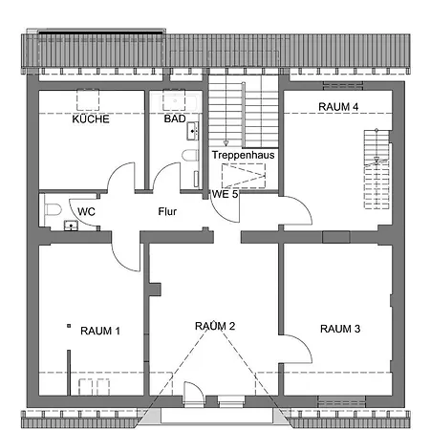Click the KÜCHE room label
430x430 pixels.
pyautogui.click(x=91, y=119)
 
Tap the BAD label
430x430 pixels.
pyautogui.click(x=174, y=119)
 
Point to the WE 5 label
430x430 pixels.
pyautogui.click(x=225, y=194)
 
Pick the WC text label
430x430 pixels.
pyautogui.click(x=85, y=210)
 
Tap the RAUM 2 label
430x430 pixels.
pyautogui.click(x=215, y=326)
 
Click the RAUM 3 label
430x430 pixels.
pyautogui.click(x=340, y=329)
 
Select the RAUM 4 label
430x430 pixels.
pyautogui.click(x=338, y=107)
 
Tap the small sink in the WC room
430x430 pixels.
pyautogui.click(x=70, y=226)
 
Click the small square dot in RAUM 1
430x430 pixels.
pyautogui.click(x=69, y=328)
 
